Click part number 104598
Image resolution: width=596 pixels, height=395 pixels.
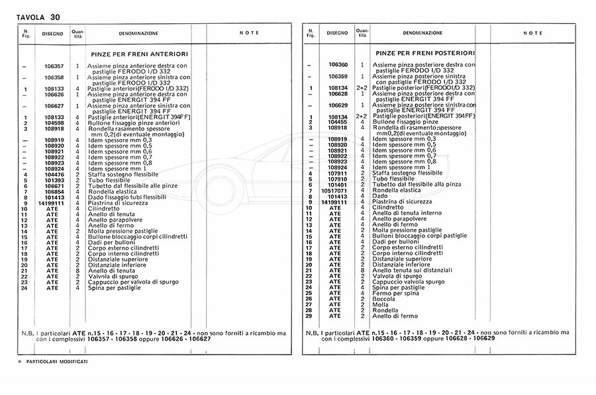coord(54,123)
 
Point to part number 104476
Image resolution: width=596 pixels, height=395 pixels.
coord(54,174)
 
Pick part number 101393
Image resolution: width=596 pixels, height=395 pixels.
coord(54,180)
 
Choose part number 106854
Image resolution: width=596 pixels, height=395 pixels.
coord(54,191)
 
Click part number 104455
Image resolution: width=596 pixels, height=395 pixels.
coord(338,122)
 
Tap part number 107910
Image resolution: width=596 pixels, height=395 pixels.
coord(338,179)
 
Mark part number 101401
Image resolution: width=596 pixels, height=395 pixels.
coord(338,185)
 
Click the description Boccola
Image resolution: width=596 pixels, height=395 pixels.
coord(384,298)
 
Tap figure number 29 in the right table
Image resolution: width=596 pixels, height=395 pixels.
coord(309,316)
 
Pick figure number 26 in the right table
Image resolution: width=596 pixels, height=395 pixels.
coord(309,298)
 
